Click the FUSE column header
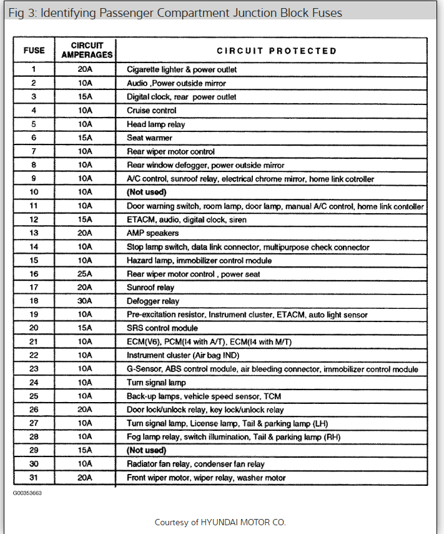click(34, 51)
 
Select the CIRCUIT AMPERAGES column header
click(87, 51)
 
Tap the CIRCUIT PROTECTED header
click(276, 51)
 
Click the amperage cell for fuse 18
click(85, 301)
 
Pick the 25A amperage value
click(85, 274)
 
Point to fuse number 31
click(34, 478)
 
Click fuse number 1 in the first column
click(34, 69)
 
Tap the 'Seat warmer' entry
click(149, 138)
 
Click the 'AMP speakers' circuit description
click(152, 233)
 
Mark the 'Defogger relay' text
click(152, 301)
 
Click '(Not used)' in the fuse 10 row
click(146, 192)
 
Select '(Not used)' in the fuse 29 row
click(146, 450)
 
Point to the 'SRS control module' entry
click(162, 328)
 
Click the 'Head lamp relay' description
click(155, 124)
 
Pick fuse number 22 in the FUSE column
click(34, 355)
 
